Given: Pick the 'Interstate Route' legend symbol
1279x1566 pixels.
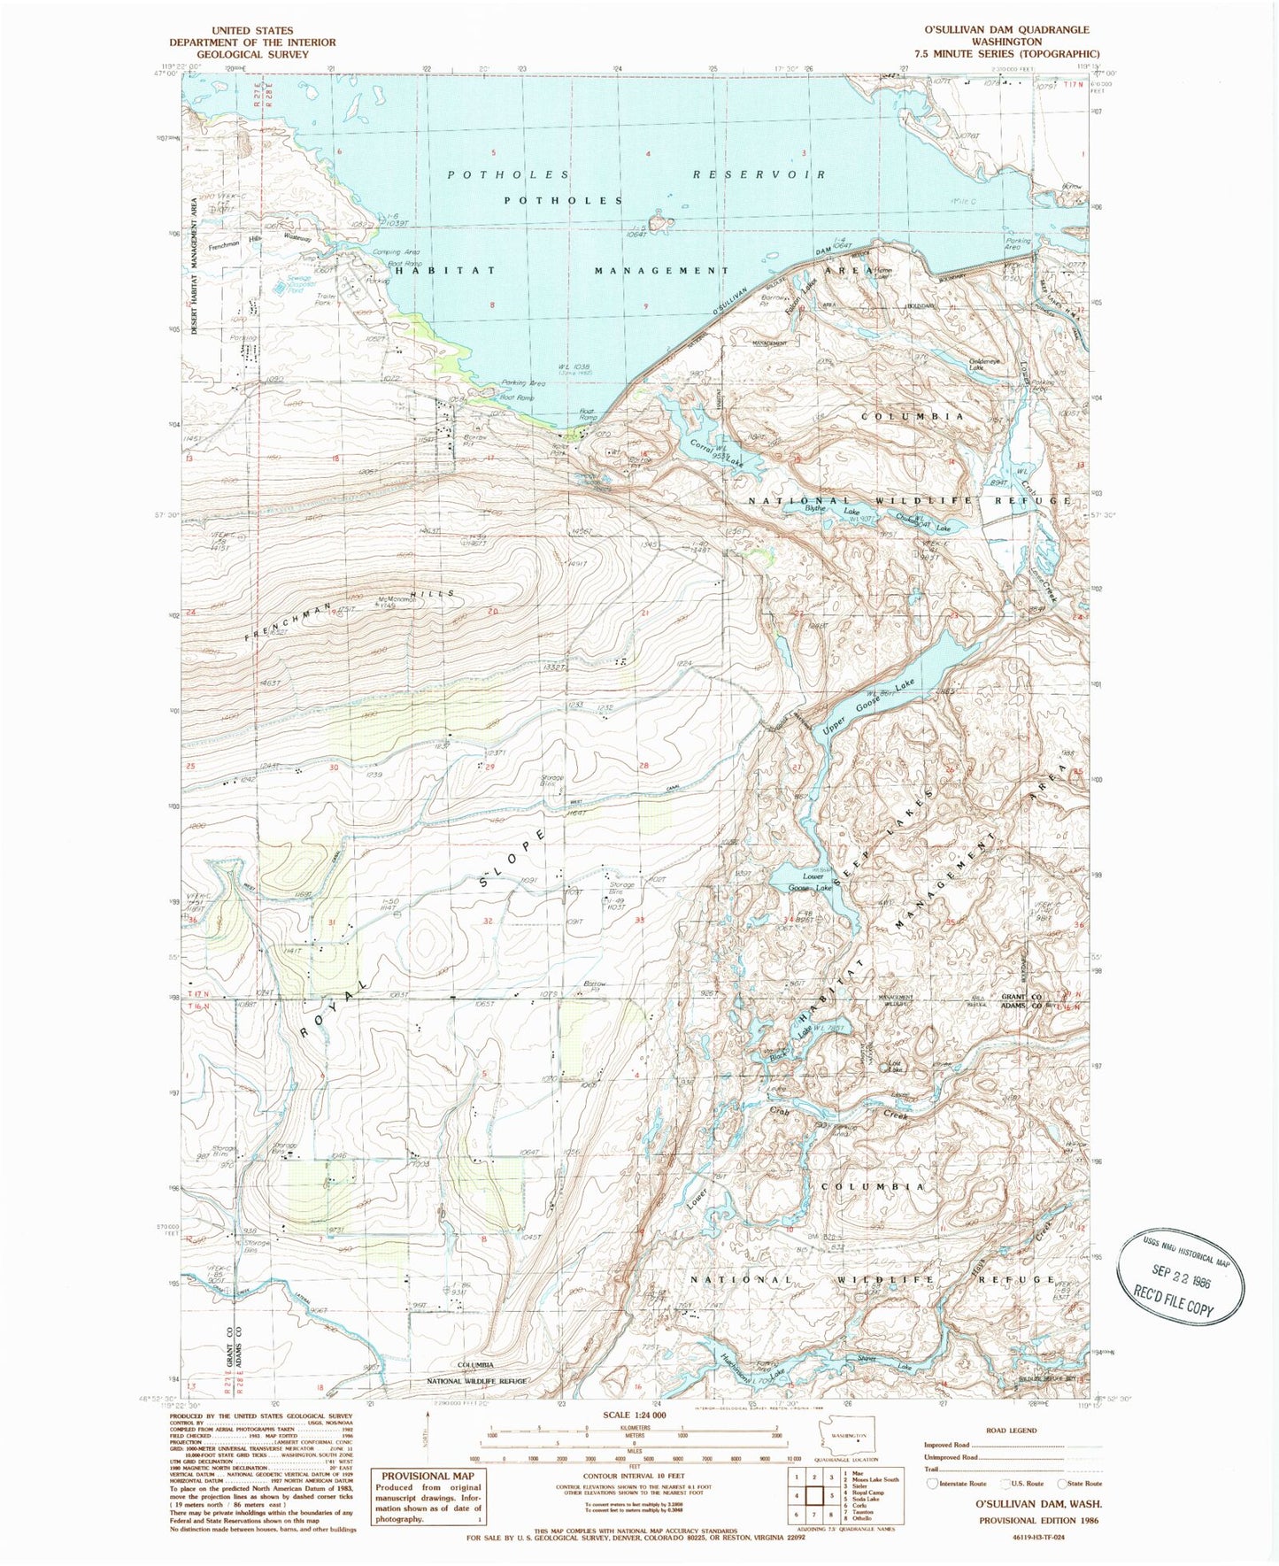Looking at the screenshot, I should pyautogui.click(x=933, y=1484).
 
